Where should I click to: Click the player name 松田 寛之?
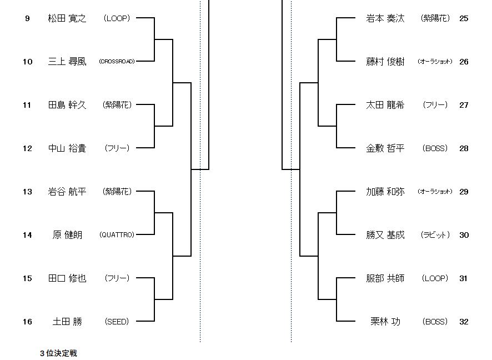(67, 18)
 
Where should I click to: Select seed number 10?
(27, 62)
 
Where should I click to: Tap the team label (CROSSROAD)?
(117, 62)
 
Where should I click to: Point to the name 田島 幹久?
(67, 105)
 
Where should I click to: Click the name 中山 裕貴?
(67, 148)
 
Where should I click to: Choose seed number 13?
(27, 192)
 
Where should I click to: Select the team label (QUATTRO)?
(117, 235)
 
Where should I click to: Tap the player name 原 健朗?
(67, 235)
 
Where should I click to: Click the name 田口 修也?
(67, 278)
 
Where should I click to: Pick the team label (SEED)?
(117, 322)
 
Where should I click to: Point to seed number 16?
(27, 322)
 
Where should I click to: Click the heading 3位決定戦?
(58, 353)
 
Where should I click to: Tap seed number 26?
(464, 62)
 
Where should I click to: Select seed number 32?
(464, 322)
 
